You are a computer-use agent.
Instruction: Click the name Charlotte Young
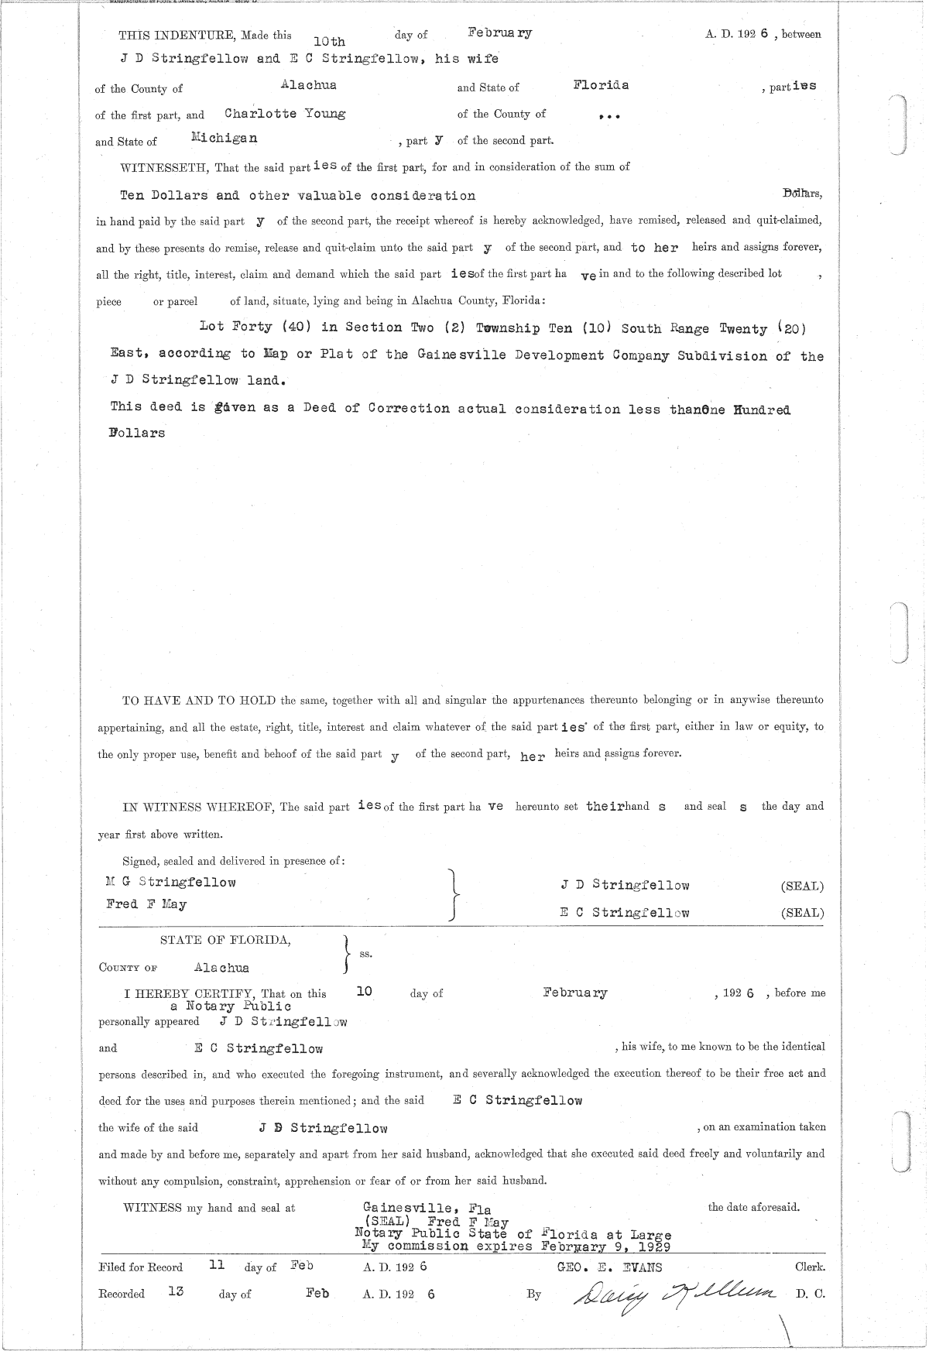coord(284,113)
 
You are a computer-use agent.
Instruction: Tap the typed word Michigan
coord(224,139)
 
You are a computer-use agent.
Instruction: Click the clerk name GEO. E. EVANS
coord(605,1267)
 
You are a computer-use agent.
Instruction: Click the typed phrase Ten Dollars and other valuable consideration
coord(297,195)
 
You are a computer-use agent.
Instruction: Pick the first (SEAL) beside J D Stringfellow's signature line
coord(802,886)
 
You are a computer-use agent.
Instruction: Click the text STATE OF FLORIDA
coord(225,940)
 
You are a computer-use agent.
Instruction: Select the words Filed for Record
coord(141,1267)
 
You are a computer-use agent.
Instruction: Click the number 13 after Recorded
coord(176,1291)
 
